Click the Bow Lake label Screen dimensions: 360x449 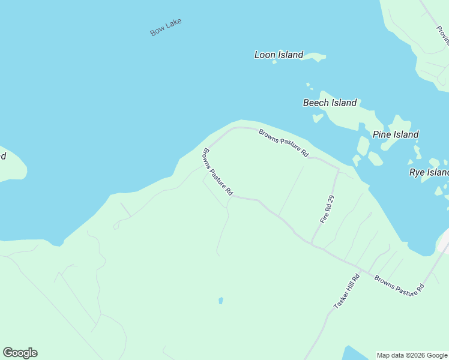(x=166, y=27)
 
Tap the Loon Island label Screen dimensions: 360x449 (x=279, y=55)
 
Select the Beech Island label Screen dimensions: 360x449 (x=330, y=103)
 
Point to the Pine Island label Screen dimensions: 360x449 (x=396, y=134)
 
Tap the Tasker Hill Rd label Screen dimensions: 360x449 (x=346, y=292)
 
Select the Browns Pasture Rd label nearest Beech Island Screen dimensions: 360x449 (x=283, y=143)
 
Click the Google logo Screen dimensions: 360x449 (x=20, y=353)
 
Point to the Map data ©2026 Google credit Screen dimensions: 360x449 (x=412, y=355)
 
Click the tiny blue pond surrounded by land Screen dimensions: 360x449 (x=221, y=300)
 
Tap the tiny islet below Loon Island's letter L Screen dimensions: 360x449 (x=274, y=62)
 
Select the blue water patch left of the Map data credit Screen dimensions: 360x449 (x=354, y=354)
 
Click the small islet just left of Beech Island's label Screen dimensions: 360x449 (x=318, y=118)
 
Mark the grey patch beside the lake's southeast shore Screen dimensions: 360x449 (x=445, y=242)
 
